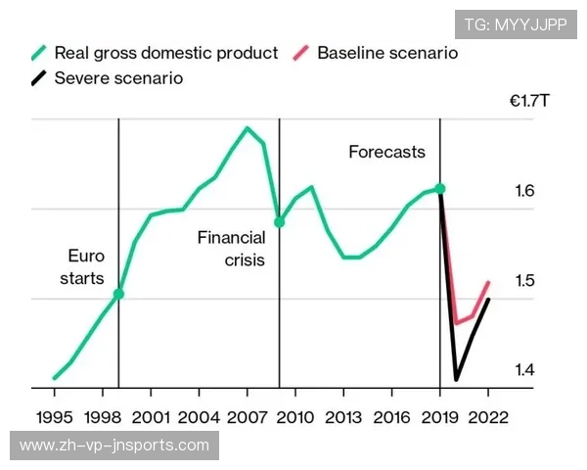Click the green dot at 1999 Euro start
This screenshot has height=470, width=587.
(x=118, y=293)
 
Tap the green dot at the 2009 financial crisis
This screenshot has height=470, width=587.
(x=279, y=222)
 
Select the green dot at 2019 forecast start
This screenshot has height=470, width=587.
(x=440, y=188)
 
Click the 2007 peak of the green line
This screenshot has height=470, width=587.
(x=247, y=128)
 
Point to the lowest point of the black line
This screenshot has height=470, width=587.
(x=456, y=379)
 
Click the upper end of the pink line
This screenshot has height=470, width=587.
(x=488, y=283)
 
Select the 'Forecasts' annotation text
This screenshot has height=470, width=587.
(x=387, y=152)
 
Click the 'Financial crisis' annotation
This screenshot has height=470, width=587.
(x=231, y=249)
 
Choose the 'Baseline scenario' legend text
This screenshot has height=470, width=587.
(x=387, y=53)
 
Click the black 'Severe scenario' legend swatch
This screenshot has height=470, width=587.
(x=38, y=78)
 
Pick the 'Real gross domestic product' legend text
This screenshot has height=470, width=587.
(x=166, y=53)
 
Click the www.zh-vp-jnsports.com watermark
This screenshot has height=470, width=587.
(x=114, y=446)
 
